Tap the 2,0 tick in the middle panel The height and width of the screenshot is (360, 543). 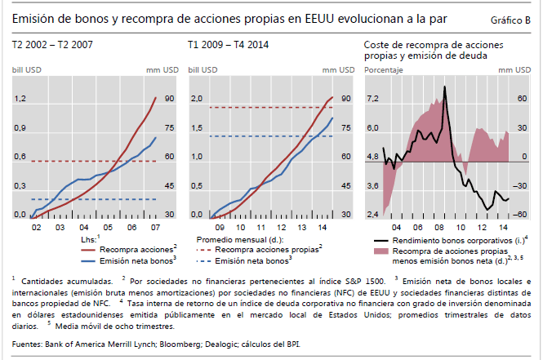(196, 99)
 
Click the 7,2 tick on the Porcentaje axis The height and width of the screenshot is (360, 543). (372, 99)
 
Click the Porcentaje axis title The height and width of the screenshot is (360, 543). (383, 70)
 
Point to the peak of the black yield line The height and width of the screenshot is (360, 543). (444, 87)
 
